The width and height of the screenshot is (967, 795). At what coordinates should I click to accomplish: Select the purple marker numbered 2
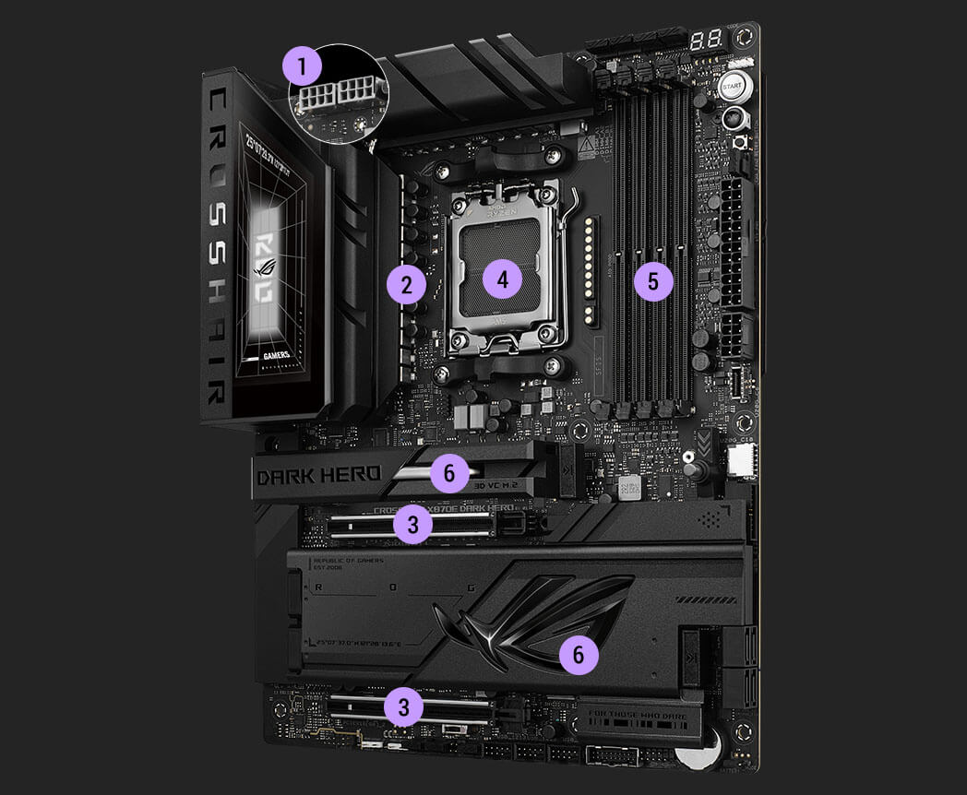(406, 285)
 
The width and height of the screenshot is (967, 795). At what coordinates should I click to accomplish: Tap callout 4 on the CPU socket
(502, 278)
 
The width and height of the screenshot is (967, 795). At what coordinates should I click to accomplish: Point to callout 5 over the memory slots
(653, 281)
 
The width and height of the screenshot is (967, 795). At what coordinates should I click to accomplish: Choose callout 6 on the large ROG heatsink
(579, 655)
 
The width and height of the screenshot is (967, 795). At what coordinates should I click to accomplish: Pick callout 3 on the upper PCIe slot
(412, 525)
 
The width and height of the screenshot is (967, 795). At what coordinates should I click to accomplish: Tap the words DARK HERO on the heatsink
(318, 475)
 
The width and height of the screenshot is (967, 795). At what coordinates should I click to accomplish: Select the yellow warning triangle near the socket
(586, 145)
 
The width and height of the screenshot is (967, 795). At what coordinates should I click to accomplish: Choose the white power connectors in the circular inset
(337, 95)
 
